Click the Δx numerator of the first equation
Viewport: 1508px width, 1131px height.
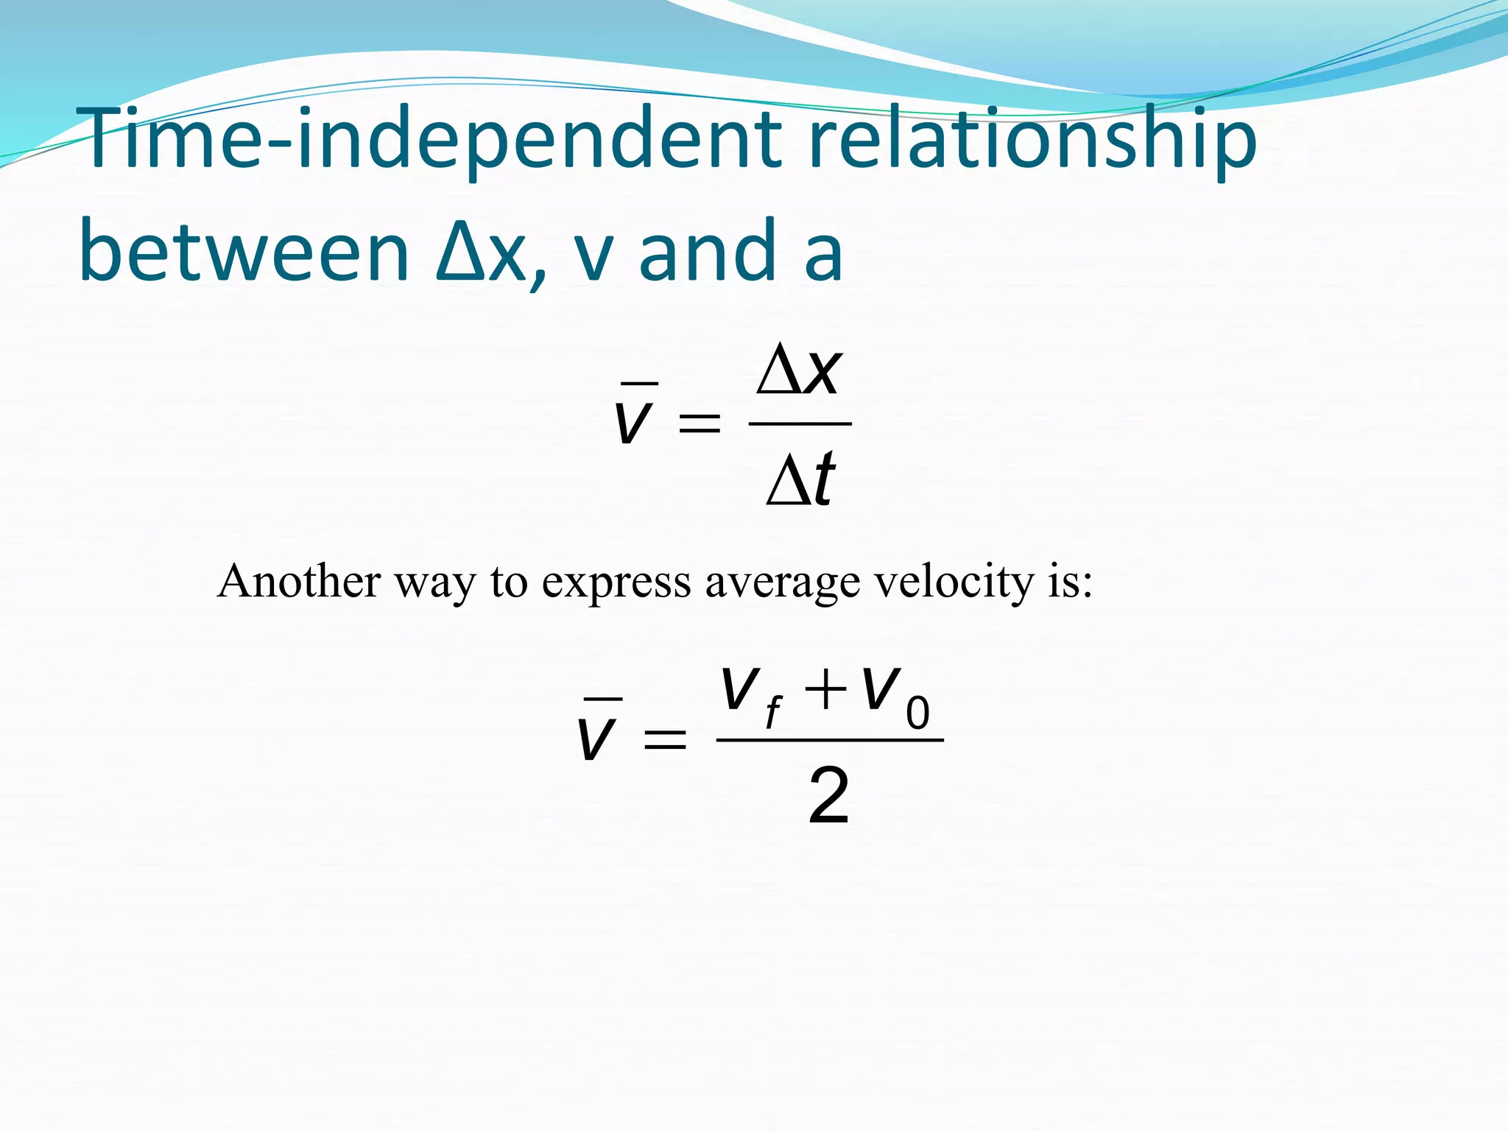[x=799, y=372]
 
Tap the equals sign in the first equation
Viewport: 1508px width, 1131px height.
[x=699, y=424]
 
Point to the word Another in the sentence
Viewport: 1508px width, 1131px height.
[x=298, y=581]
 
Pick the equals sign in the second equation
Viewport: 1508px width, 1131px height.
[x=665, y=739]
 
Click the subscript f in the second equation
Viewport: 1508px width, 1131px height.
[x=772, y=714]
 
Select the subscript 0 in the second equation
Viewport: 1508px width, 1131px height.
[x=917, y=714]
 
